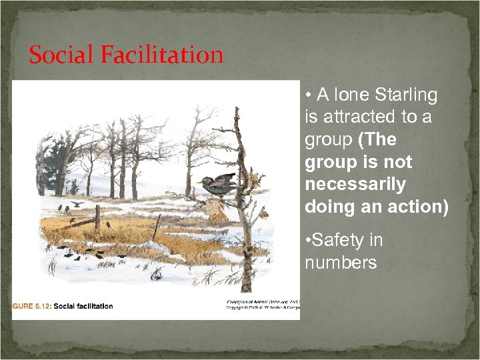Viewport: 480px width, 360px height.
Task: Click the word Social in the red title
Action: [x=61, y=55]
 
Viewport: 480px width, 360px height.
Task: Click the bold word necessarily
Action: [x=355, y=184]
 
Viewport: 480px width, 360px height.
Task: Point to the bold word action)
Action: [x=417, y=207]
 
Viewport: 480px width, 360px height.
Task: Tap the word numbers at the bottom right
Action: [x=341, y=263]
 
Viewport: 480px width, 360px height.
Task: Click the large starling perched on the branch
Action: [x=218, y=184]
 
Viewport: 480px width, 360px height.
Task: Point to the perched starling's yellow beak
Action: [x=199, y=181]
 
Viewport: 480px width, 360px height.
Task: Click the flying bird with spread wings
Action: [x=78, y=203]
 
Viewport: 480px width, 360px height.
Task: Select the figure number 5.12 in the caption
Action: [x=38, y=307]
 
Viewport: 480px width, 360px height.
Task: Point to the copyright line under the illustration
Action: [x=263, y=308]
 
